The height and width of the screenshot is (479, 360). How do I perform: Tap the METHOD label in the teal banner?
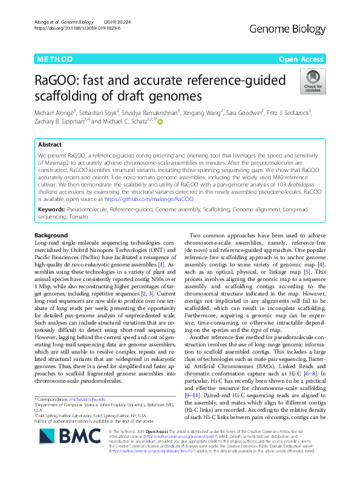click(54, 59)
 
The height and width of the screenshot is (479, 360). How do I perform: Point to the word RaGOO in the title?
click(63, 80)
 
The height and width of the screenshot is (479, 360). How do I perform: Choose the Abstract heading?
click(50, 145)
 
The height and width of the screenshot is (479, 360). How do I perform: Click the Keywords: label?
click(51, 208)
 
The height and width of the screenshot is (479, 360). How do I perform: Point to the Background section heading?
click(51, 235)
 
